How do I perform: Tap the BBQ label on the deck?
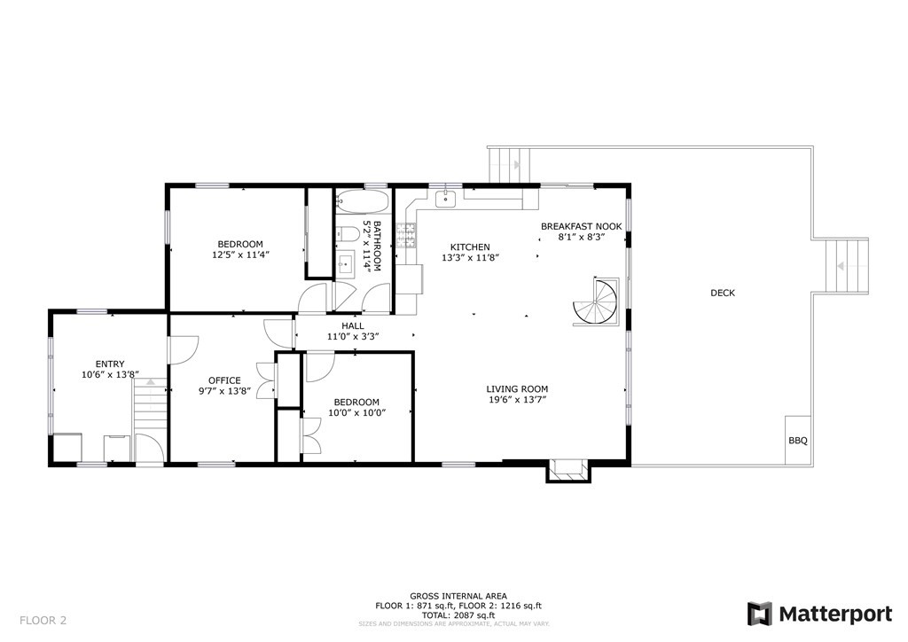(797, 440)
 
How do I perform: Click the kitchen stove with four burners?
(407, 235)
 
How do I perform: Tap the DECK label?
(723, 294)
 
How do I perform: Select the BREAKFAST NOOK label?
(582, 226)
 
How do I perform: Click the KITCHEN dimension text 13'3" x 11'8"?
(471, 258)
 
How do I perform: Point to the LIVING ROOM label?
(517, 388)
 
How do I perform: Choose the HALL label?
(353, 325)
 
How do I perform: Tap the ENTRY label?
(110, 364)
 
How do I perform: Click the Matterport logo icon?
(760, 614)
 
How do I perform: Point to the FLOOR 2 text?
(43, 620)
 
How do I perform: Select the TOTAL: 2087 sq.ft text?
(458, 615)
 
